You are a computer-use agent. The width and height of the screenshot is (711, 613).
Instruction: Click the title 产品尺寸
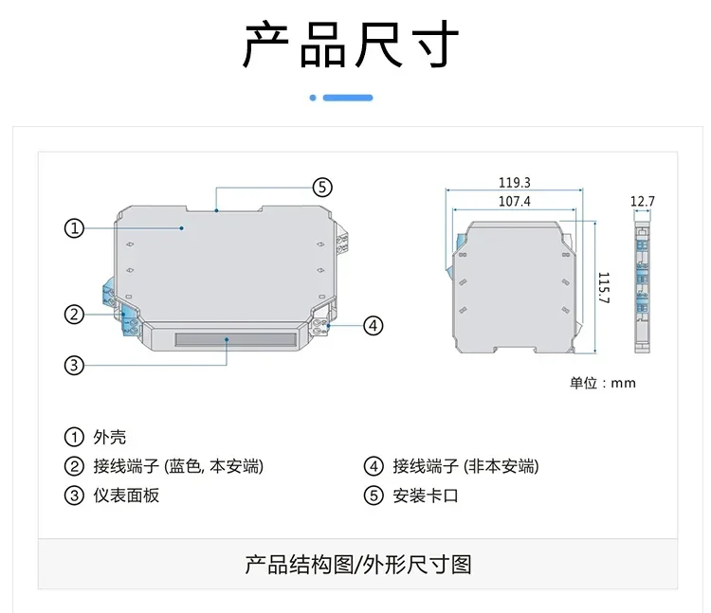tap(352, 44)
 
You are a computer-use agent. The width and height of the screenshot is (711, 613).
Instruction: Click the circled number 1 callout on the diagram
tap(74, 228)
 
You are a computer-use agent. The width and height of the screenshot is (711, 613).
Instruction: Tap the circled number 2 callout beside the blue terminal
tap(74, 314)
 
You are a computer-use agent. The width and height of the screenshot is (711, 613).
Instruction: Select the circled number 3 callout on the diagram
tap(74, 365)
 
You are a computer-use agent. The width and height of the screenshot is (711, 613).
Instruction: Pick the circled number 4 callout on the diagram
tap(374, 325)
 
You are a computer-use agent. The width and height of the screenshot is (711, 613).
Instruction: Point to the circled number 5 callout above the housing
tap(322, 187)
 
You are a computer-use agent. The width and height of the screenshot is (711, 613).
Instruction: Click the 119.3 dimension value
tap(515, 183)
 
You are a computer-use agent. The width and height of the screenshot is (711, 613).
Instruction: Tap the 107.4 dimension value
tap(515, 201)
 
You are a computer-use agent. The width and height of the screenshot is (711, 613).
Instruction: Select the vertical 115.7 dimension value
tap(604, 288)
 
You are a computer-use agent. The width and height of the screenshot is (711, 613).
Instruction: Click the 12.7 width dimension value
tap(643, 201)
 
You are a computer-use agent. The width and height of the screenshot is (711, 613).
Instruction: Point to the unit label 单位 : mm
tap(603, 383)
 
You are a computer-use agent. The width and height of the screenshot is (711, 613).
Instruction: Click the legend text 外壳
tap(110, 437)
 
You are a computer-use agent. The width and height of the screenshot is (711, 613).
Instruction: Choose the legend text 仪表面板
tap(126, 496)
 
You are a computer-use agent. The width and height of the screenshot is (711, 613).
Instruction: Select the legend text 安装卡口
tap(426, 496)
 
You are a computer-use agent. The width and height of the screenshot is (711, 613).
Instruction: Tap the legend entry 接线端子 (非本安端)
tap(465, 466)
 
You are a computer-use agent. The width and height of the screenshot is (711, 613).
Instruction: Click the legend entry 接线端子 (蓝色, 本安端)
tap(178, 466)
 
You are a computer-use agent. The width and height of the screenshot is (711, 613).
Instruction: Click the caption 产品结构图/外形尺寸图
tap(358, 565)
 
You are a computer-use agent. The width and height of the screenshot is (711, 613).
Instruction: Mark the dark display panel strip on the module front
tap(236, 339)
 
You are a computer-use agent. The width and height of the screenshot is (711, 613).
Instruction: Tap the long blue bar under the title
tap(348, 98)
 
